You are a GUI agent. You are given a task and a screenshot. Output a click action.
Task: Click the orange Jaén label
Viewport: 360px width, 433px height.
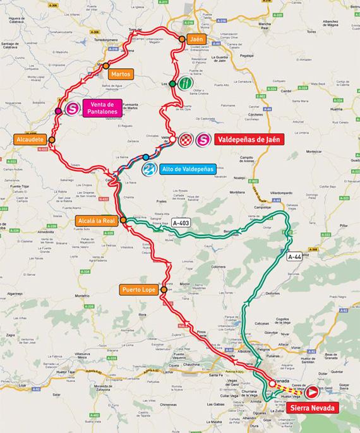point(197,39)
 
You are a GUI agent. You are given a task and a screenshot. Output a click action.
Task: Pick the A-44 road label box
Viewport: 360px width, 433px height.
point(295,257)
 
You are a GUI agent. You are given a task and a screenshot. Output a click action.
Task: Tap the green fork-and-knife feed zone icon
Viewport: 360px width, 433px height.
point(184,83)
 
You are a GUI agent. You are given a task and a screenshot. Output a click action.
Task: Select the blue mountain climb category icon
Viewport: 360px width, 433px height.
point(149,169)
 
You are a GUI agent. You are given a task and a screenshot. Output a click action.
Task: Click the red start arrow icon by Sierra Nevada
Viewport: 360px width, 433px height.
point(312,391)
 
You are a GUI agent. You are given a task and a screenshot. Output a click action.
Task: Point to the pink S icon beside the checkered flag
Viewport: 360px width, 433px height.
point(203,140)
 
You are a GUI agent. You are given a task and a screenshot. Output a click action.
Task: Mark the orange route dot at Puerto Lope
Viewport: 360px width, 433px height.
point(164,290)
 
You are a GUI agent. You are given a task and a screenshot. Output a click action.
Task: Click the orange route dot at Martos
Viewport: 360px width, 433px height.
point(106,65)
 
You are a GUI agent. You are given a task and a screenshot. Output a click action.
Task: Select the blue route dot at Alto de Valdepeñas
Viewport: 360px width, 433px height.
point(146,157)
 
